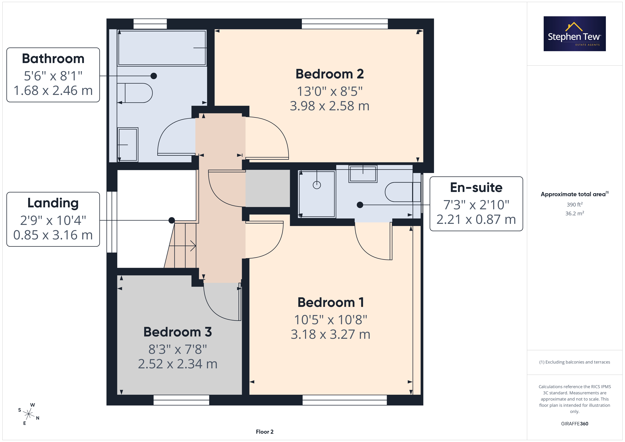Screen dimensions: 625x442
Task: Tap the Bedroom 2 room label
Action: coord(330,74)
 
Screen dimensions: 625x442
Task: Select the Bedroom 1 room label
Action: coord(331,302)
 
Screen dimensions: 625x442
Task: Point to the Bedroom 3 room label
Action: coord(178,332)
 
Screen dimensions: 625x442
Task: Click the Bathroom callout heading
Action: coord(53,59)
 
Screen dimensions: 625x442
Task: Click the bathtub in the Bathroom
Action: coord(162,48)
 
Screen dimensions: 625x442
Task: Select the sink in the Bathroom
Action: coord(128,144)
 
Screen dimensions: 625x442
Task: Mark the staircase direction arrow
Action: coord(182,246)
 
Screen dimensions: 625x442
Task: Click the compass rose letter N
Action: coord(38,418)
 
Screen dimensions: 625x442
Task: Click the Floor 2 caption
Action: coord(265,432)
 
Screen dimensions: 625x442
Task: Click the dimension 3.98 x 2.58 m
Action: coord(330,106)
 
